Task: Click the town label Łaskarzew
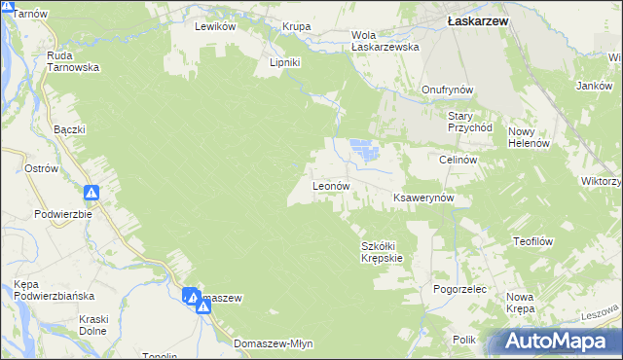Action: click(473, 18)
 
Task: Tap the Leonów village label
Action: click(330, 186)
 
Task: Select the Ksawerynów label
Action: click(431, 198)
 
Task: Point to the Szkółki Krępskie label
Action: click(382, 252)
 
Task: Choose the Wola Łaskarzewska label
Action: click(385, 41)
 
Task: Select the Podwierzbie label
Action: click(62, 214)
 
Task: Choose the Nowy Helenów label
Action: click(530, 137)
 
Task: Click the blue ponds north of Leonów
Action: click(363, 150)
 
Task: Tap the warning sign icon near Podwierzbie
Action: click(92, 193)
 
